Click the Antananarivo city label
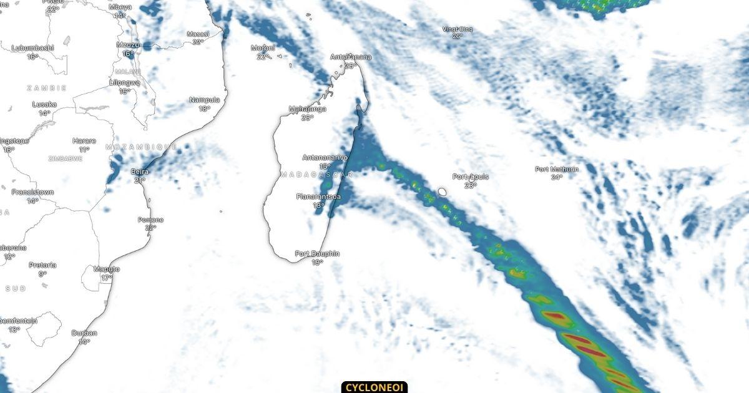click(325, 158)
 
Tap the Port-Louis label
click(471, 177)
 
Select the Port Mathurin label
click(557, 169)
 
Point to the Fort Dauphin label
click(317, 254)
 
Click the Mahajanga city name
click(307, 109)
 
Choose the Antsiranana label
click(350, 57)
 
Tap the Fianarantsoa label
click(318, 196)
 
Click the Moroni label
click(263, 48)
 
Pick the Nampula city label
click(204, 100)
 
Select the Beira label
click(139, 172)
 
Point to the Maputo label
click(106, 269)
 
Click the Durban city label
click(84, 333)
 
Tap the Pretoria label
click(42, 265)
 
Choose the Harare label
click(84, 141)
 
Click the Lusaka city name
click(44, 105)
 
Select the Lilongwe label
click(124, 82)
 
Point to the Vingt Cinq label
click(458, 29)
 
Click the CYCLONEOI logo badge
click(374, 387)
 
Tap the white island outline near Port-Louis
click(443, 192)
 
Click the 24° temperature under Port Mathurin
click(557, 177)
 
